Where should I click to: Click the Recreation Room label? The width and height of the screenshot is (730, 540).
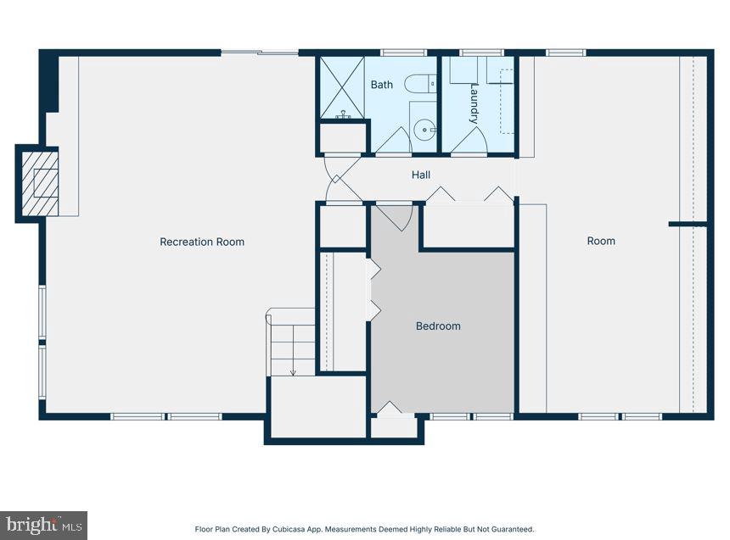point(202,242)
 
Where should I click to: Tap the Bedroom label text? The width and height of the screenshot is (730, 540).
point(438,326)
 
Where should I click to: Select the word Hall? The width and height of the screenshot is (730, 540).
point(421,175)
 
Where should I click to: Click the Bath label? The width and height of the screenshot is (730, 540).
point(382,85)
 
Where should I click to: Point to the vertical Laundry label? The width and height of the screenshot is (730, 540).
point(474,104)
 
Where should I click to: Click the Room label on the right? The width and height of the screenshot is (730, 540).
point(601,241)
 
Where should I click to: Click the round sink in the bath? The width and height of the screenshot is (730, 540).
point(424,130)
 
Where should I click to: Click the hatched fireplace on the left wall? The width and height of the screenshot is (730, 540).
point(41,183)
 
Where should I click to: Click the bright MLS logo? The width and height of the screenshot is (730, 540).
point(44,526)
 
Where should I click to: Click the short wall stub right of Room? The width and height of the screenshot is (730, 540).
point(688,225)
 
